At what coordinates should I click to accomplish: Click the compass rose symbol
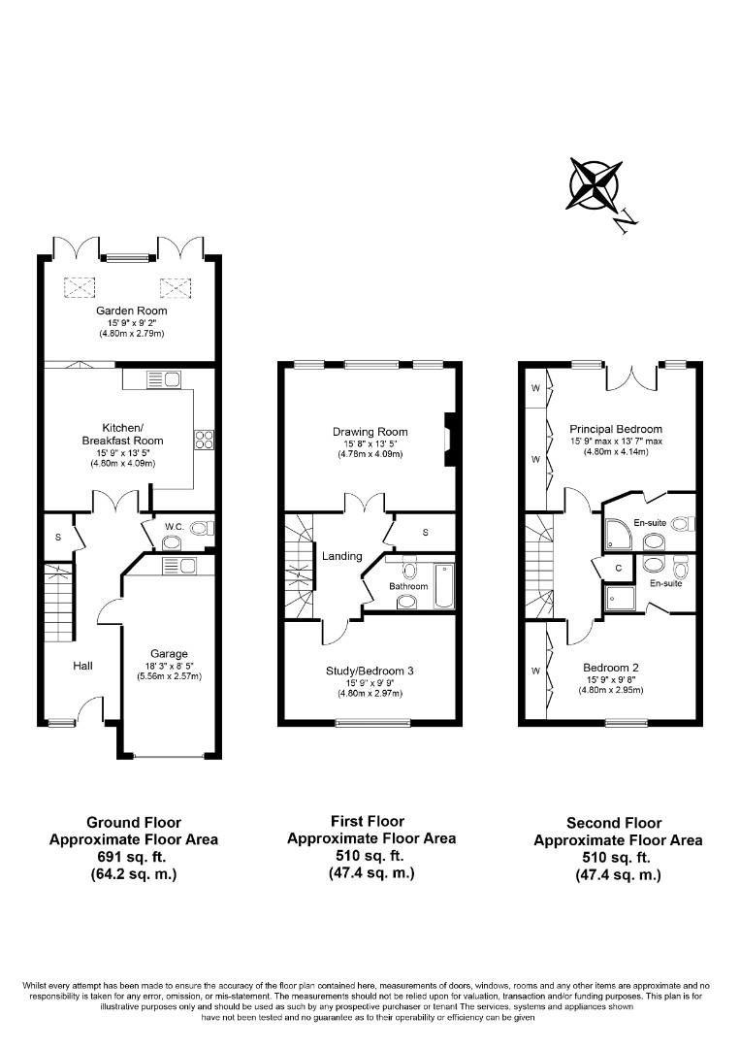point(593,183)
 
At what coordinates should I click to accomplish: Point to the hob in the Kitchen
point(205,441)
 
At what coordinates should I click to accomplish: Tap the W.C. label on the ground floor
point(174,528)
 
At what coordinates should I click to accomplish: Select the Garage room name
point(169,653)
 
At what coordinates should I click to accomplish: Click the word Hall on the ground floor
point(82,667)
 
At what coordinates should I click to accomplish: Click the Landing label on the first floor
point(342,556)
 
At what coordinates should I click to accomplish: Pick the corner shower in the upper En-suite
point(618,528)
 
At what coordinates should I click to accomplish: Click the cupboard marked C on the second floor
point(619,568)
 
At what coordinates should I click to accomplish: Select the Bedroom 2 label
point(610,668)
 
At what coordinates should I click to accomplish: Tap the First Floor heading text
point(371,821)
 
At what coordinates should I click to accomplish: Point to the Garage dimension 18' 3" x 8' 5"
point(169,665)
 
